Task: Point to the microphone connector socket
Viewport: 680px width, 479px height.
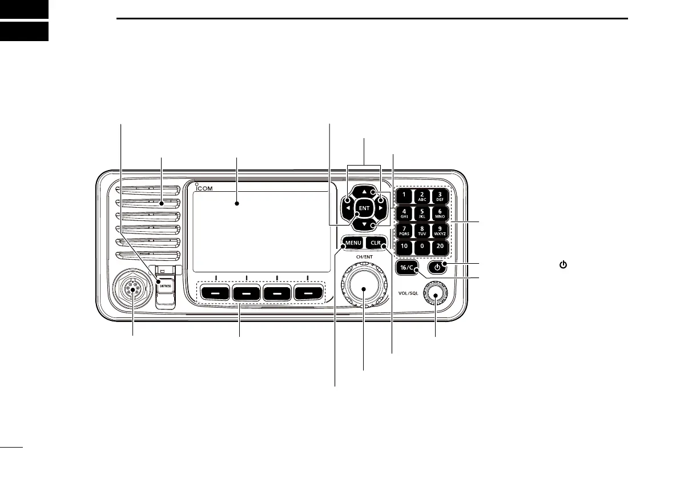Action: pyautogui.click(x=133, y=291)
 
